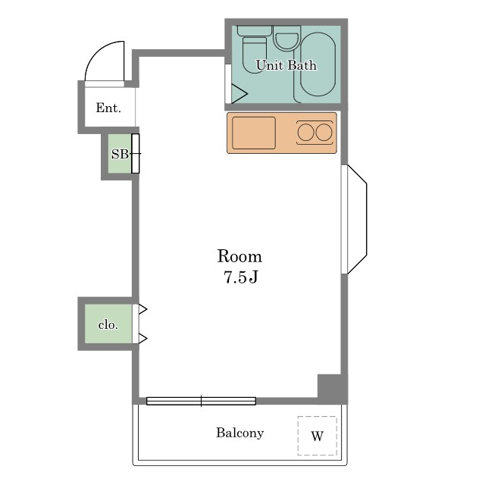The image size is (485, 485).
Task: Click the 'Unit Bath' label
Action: coord(286,65)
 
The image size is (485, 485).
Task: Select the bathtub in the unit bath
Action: coord(318,64)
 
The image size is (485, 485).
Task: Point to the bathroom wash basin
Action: coord(287,38)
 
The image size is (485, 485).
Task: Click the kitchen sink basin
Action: coord(254,133)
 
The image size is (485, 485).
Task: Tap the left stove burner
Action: coord(306,133)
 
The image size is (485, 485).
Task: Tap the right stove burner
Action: coord(324,133)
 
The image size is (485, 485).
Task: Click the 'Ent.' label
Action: coord(108,108)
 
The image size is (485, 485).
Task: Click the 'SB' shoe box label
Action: coord(120,154)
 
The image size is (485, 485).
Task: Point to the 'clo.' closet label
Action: coord(108,325)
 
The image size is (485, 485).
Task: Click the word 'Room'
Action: coord(239,256)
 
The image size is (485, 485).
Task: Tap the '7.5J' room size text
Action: coord(241,277)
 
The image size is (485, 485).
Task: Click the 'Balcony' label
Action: coord(239,433)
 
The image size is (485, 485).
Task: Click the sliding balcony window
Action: coord(201,401)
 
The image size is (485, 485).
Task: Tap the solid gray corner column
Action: coord(333,389)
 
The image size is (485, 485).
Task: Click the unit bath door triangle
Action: coord(239,93)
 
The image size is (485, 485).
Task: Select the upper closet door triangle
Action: coord(142,309)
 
